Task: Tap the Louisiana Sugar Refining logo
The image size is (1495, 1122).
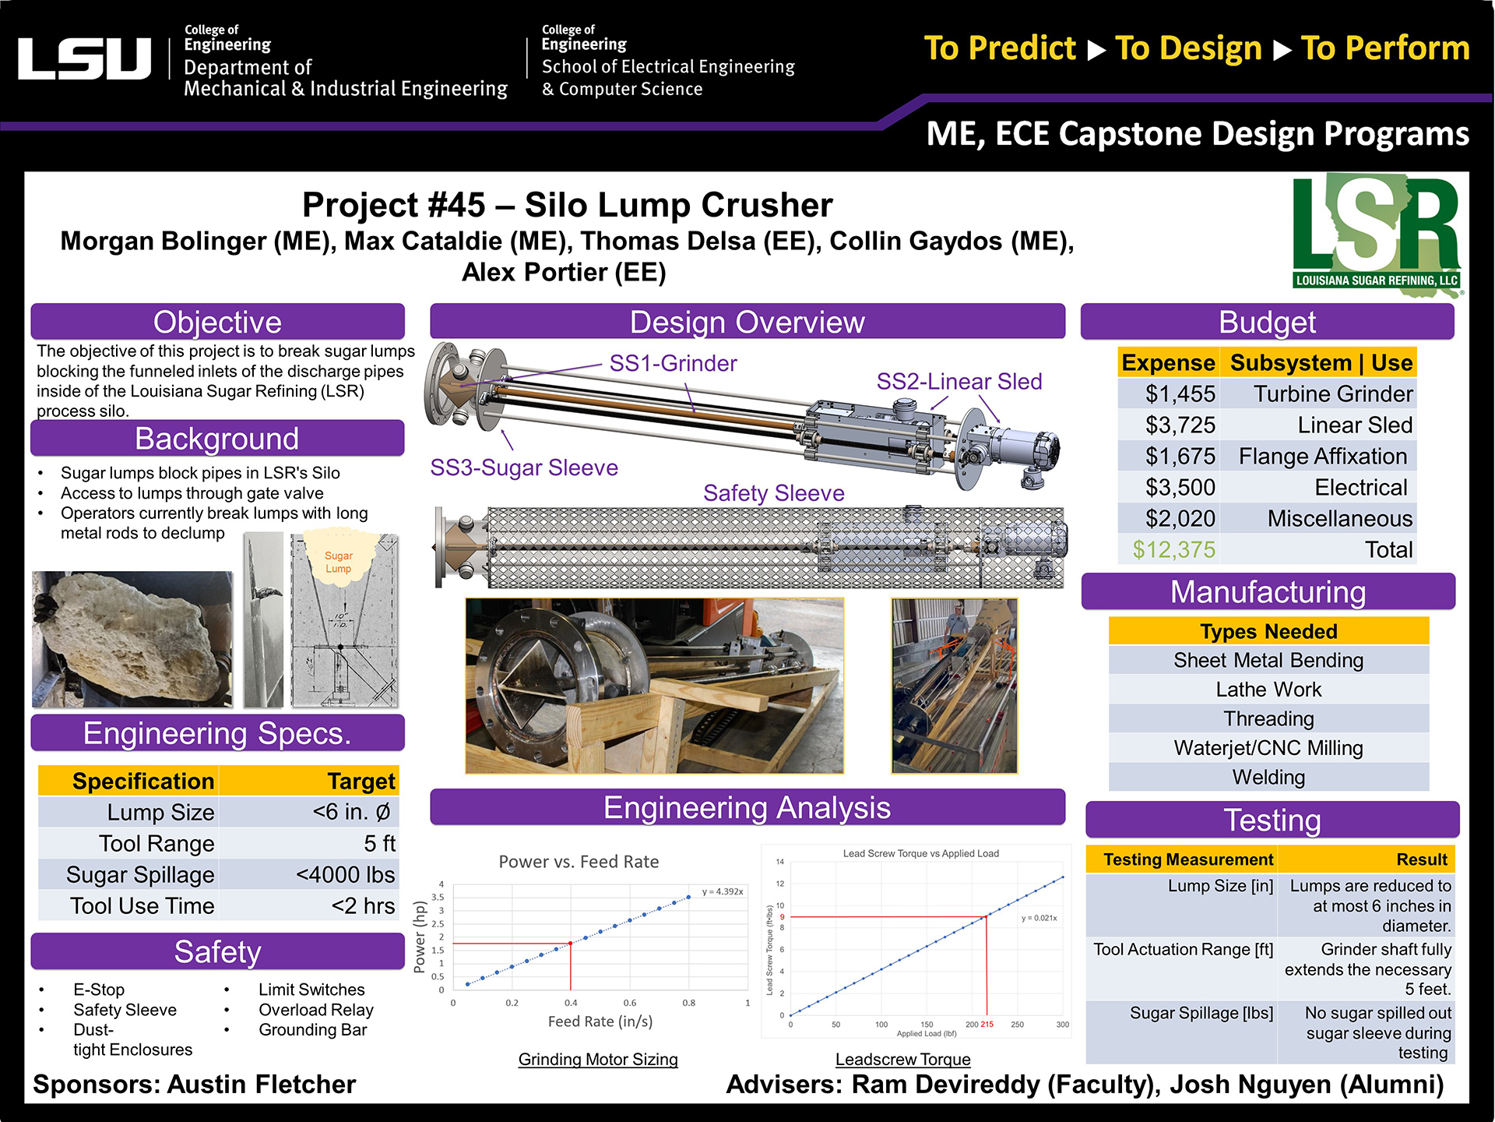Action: (1376, 234)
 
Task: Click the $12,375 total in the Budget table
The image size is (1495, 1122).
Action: (1173, 550)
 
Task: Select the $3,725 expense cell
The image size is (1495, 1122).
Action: (1180, 425)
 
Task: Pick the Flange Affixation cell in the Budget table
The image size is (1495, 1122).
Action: (1322, 457)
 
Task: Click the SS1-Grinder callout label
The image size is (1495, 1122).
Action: (673, 364)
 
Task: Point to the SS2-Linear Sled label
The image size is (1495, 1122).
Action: (959, 382)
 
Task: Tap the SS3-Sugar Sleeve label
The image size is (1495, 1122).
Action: (524, 467)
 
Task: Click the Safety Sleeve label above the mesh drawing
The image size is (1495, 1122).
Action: (773, 493)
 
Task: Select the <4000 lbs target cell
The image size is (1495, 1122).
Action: (345, 875)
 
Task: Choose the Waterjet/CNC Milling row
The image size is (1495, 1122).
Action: (1268, 748)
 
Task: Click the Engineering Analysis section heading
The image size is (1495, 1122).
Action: (747, 808)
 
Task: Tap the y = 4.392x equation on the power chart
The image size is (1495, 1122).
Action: (722, 891)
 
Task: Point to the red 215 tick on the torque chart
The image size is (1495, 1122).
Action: (987, 1025)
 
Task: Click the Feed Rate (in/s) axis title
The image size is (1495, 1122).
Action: (600, 1021)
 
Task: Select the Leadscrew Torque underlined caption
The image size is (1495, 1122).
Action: (902, 1060)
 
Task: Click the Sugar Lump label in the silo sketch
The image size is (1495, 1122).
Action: (338, 562)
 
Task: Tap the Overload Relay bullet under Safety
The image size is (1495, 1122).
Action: (315, 1011)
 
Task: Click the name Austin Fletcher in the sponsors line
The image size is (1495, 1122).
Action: (262, 1085)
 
